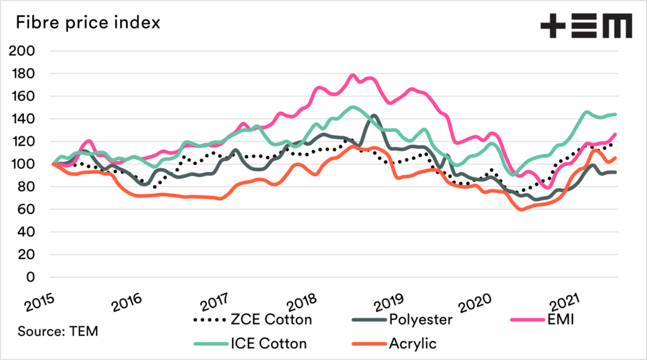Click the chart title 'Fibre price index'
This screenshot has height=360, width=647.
(88, 23)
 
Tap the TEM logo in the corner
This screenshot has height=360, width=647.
(586, 26)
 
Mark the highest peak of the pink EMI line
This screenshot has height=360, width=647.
(353, 75)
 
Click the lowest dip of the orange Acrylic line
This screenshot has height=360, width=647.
(521, 208)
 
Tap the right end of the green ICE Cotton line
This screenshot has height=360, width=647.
(615, 114)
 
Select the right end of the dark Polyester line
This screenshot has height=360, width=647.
(615, 172)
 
